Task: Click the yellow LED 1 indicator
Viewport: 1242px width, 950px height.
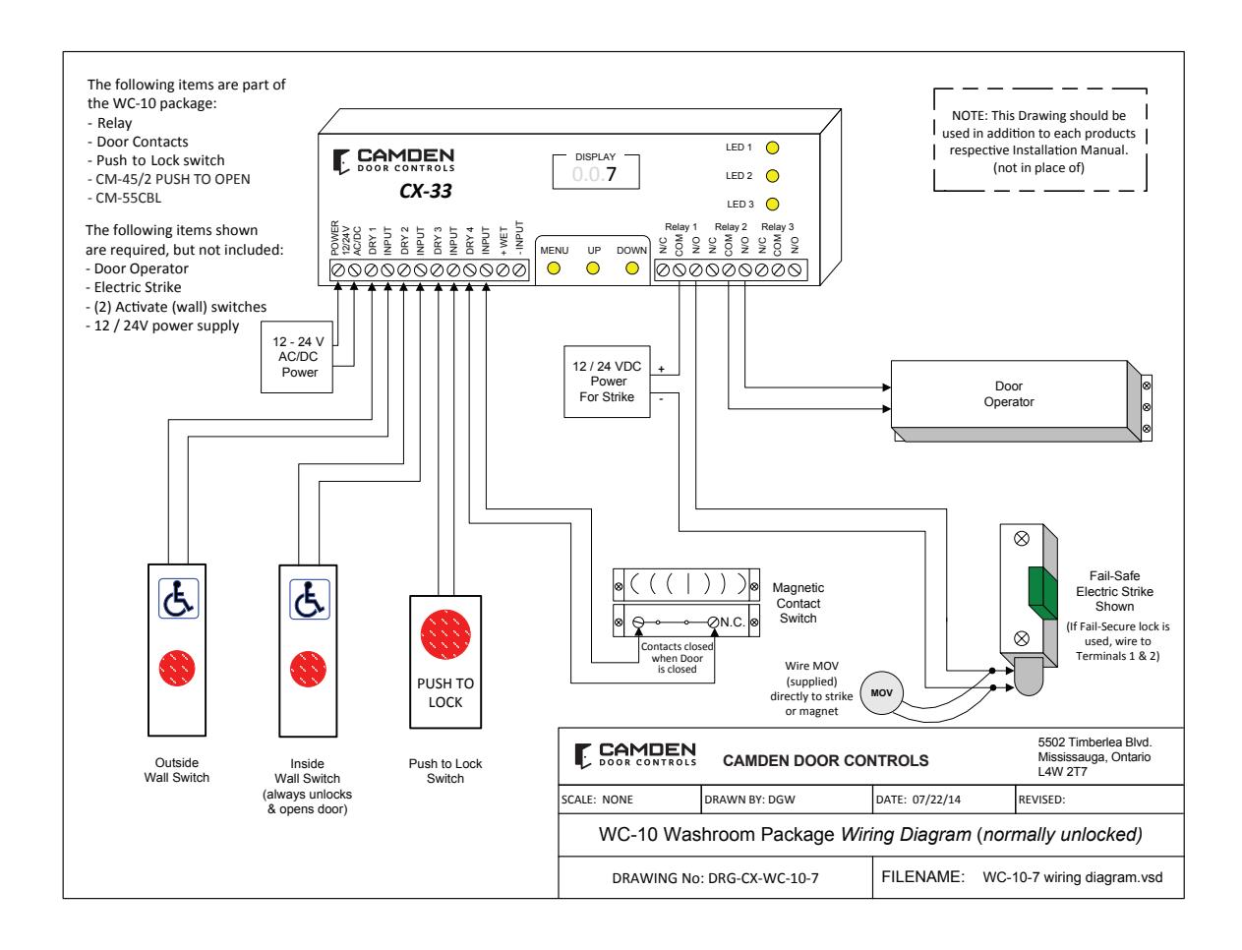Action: coord(772,148)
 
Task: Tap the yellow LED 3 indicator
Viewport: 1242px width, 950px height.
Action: coord(772,205)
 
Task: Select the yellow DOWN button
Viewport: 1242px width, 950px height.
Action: coord(631,268)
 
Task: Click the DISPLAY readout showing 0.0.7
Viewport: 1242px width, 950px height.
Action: coord(596,172)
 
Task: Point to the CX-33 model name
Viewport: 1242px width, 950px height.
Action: coord(426,191)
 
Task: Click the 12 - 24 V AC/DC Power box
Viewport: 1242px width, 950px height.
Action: coord(297,357)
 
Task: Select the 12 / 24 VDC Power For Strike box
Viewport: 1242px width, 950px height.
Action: coord(607,382)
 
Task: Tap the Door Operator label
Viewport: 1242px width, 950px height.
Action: coord(1008,393)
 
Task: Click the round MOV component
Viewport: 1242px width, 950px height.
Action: coord(881,692)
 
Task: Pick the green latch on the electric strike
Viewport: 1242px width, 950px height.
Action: coord(1042,593)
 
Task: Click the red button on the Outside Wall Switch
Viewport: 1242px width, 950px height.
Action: coord(177,668)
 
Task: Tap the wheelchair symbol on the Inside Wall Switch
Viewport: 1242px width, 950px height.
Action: coord(309,599)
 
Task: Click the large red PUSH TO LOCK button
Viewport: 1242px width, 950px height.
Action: coord(445,634)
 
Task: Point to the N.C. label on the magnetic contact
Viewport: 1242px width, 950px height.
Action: coord(733,622)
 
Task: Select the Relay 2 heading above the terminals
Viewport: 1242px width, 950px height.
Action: coord(731,227)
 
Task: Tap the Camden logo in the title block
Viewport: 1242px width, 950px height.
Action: coord(635,755)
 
